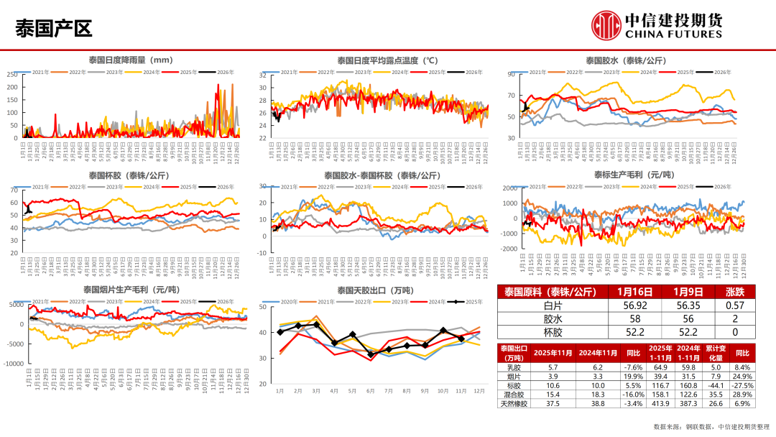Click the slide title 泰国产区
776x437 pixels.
(x=54, y=28)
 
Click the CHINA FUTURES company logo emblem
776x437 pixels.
(x=606, y=25)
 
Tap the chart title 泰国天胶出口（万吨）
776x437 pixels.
(x=375, y=290)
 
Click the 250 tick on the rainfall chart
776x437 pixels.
(x=12, y=75)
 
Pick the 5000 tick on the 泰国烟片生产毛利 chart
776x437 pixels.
(x=15, y=305)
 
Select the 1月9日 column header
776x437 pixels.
(x=683, y=292)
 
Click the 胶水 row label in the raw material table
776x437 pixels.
(x=553, y=318)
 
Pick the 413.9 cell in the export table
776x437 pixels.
(x=660, y=404)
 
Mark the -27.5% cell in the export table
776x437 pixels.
(x=742, y=385)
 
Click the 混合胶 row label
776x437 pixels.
(x=513, y=395)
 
